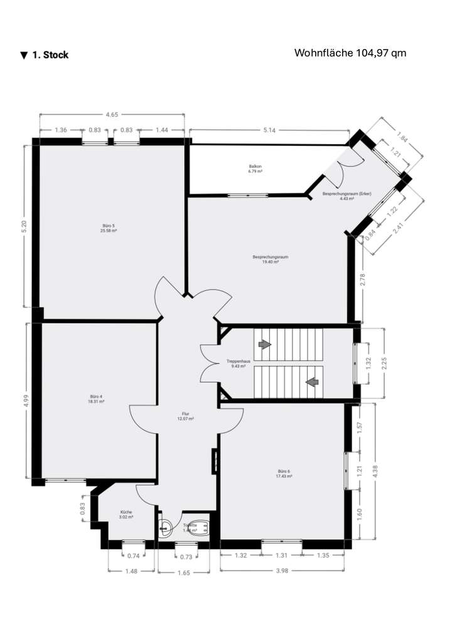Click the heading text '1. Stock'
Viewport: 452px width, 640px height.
click(x=50, y=55)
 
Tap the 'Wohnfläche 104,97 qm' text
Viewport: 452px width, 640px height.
click(x=350, y=53)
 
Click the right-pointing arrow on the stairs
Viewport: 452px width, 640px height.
click(x=264, y=345)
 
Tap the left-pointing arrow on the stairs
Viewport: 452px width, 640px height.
click(x=311, y=381)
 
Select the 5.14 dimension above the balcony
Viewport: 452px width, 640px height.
click(x=269, y=130)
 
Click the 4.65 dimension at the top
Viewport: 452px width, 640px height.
click(x=112, y=115)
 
